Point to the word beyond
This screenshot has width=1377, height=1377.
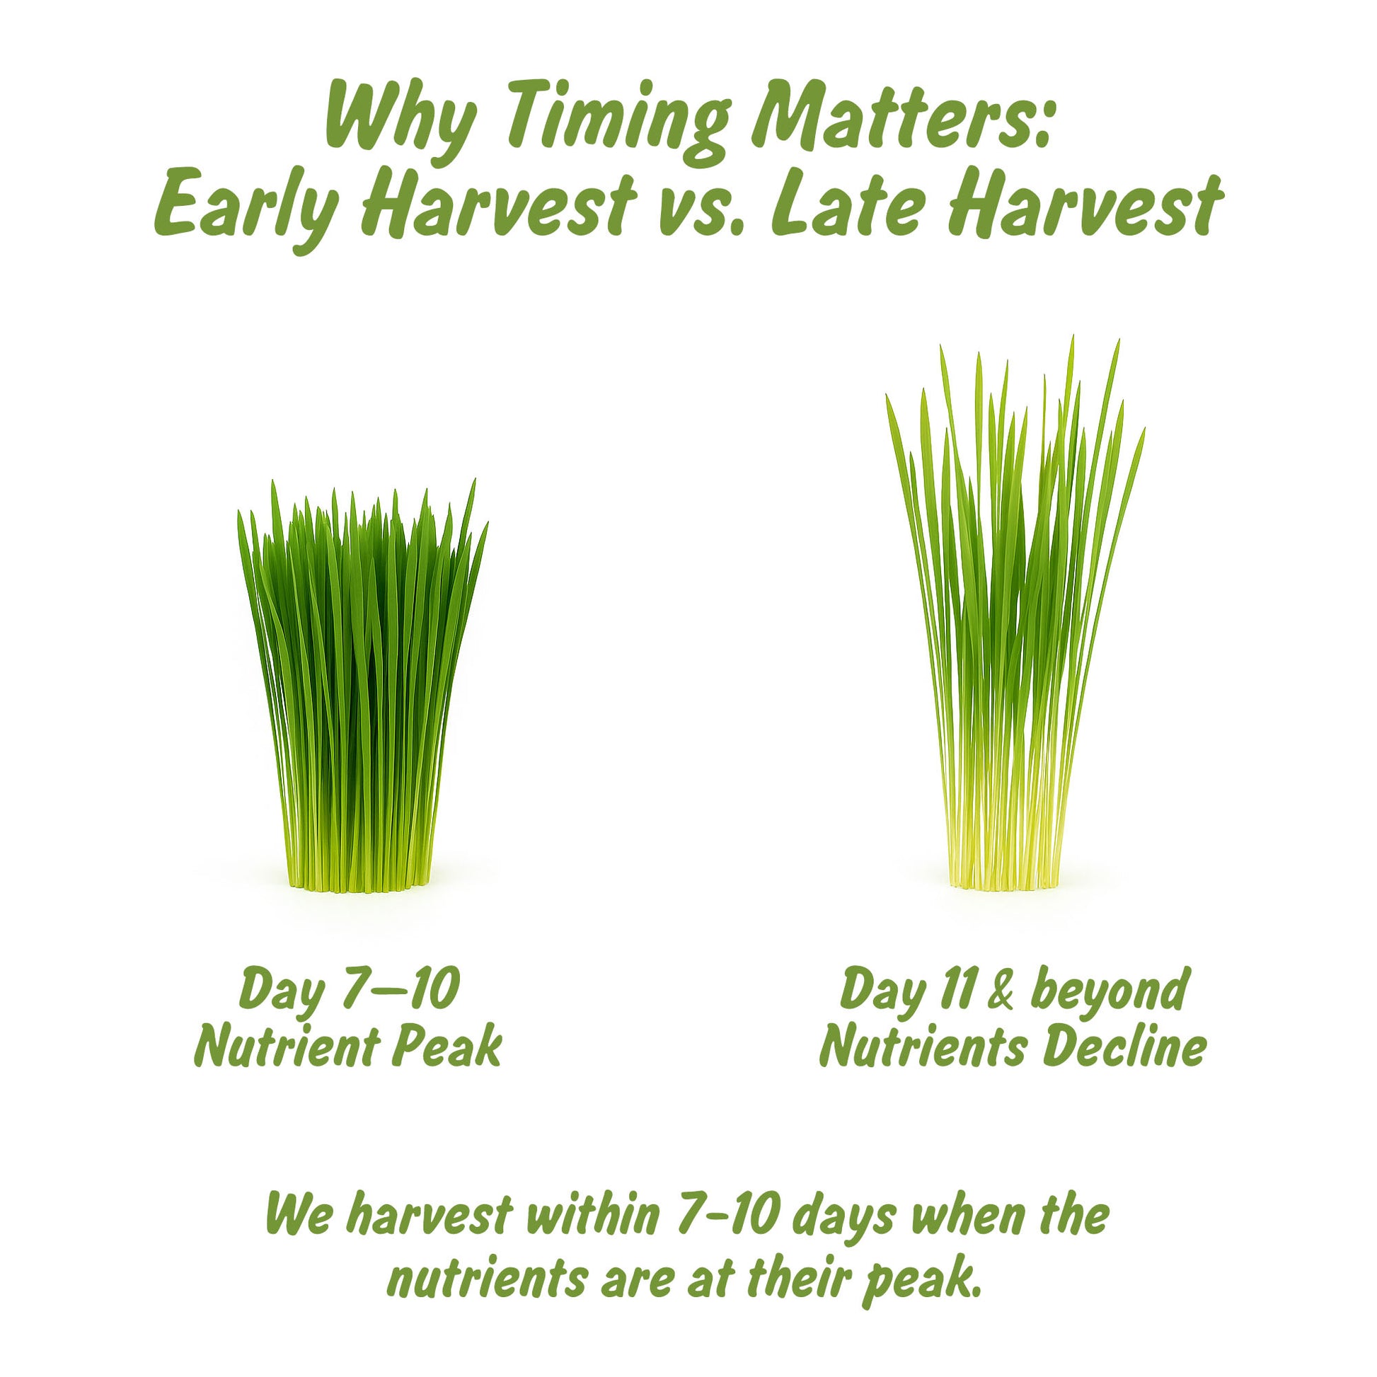coord(1109,989)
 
